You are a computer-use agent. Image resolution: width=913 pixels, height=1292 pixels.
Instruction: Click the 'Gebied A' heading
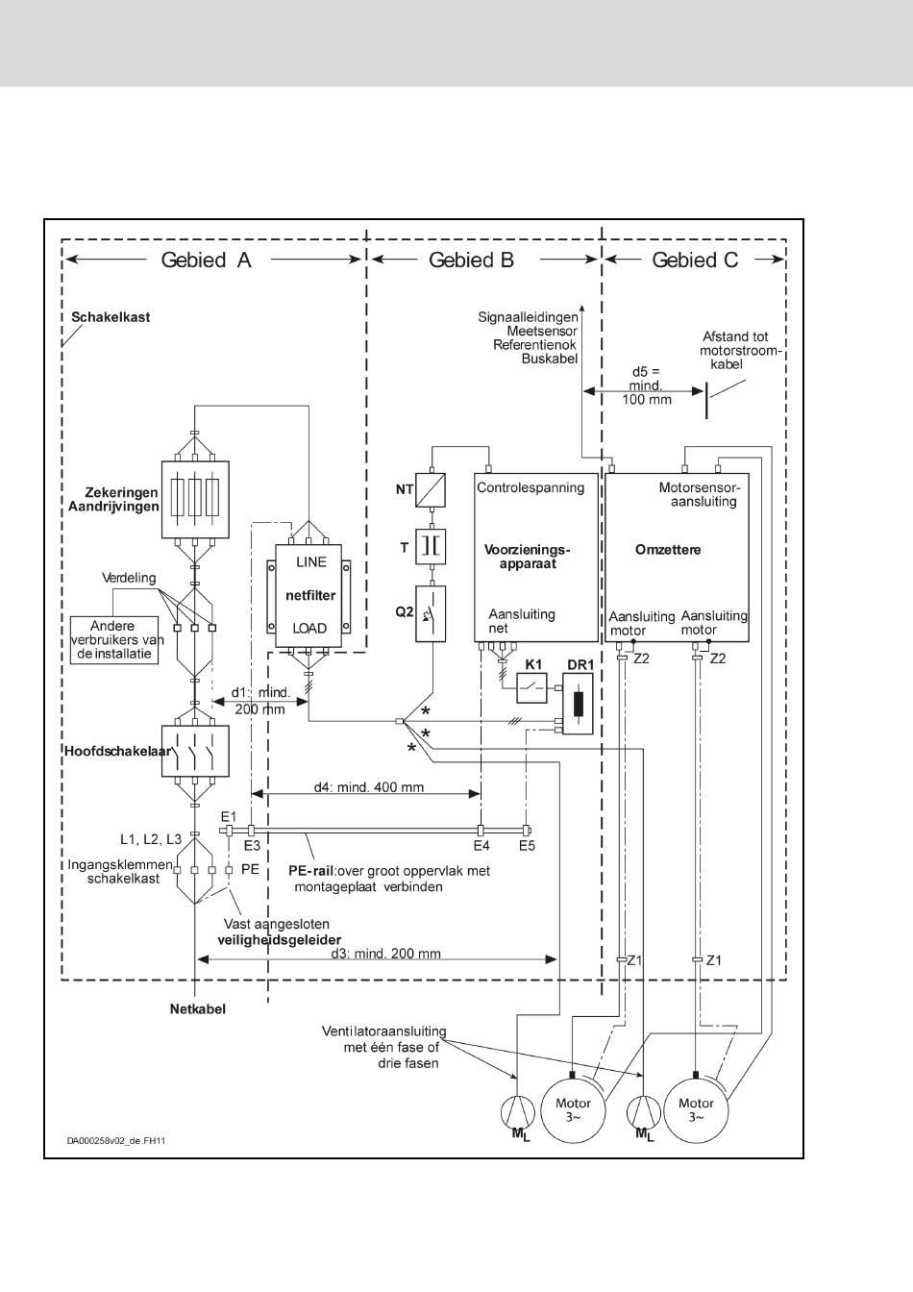[206, 261]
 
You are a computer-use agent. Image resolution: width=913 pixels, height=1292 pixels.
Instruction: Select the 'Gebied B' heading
[471, 261]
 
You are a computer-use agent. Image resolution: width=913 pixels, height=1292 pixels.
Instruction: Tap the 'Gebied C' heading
[695, 261]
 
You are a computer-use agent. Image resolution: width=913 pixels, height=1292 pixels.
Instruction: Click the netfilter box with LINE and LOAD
[308, 596]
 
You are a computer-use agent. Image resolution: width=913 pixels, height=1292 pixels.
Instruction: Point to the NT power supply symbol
[431, 490]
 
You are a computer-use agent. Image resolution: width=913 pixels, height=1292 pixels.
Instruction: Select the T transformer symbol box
[431, 547]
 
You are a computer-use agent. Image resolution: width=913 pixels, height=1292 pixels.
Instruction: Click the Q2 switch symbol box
[431, 613]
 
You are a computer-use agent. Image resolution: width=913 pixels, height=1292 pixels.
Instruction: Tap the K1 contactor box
[531, 687]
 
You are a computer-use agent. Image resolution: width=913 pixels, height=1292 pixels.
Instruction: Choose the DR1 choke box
[578, 703]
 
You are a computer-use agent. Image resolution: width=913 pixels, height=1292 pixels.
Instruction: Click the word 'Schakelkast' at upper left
[111, 317]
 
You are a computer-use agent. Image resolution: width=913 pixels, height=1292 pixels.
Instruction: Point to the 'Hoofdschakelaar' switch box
[195, 751]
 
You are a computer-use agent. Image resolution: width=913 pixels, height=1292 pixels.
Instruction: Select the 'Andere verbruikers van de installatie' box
[114, 640]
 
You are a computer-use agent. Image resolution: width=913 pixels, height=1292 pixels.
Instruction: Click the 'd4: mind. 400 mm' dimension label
[368, 787]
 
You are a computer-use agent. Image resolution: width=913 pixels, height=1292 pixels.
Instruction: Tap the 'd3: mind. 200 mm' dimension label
[385, 954]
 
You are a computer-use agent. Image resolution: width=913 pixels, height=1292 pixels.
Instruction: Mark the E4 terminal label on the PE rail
[481, 846]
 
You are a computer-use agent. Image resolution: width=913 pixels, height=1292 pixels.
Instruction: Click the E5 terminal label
[528, 846]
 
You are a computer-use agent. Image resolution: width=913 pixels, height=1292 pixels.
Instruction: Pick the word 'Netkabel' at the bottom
[198, 1008]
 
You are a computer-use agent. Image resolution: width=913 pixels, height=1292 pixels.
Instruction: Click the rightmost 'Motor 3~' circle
[696, 1110]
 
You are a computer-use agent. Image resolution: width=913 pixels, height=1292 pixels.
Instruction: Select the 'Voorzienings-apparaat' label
[528, 557]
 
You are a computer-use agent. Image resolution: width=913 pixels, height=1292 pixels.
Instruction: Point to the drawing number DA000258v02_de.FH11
[116, 1140]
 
